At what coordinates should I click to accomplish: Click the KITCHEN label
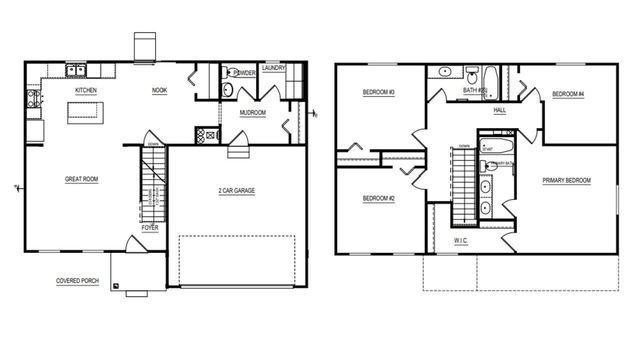coord(85,90)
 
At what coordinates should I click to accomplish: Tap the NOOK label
coord(159,90)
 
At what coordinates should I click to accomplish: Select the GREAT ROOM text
coord(81,179)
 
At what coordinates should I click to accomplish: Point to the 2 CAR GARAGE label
coord(236,190)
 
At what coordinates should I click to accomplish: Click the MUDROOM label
coord(253,113)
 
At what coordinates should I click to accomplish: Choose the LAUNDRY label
coord(275,69)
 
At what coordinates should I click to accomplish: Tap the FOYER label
coord(149,228)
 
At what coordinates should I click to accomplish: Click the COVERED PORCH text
coord(77,281)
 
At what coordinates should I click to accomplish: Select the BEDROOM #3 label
coord(379,94)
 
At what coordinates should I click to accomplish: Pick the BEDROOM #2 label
coord(379,198)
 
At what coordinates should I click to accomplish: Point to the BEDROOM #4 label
coord(567,94)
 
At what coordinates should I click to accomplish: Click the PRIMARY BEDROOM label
coord(567,180)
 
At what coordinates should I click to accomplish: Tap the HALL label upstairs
coord(499,111)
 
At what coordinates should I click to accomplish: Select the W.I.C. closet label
coord(461,240)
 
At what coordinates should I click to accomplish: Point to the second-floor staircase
coord(462,186)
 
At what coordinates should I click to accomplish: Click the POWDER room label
coord(244,73)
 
